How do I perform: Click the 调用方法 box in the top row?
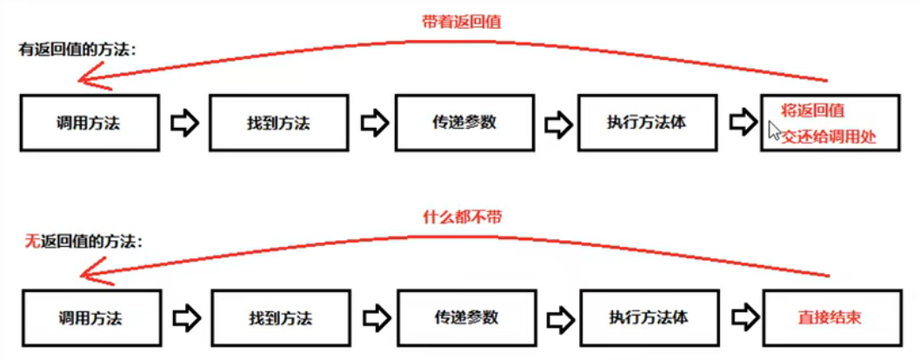click(x=90, y=123)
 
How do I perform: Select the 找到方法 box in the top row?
click(x=279, y=123)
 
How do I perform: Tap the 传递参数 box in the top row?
click(x=464, y=123)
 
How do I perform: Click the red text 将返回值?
click(x=813, y=110)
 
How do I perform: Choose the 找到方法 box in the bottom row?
click(x=281, y=317)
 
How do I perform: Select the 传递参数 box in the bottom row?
click(x=466, y=317)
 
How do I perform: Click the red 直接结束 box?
click(x=832, y=317)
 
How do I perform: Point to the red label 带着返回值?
click(x=462, y=23)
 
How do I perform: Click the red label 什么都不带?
click(x=463, y=217)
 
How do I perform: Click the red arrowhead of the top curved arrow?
click(x=94, y=79)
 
